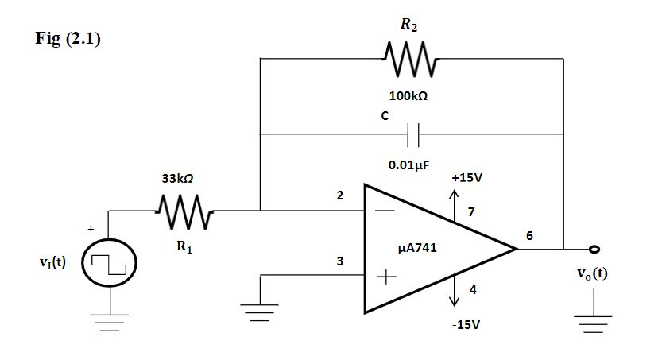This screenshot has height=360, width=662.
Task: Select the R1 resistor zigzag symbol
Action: [x=184, y=211]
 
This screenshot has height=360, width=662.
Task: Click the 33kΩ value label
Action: [x=178, y=180]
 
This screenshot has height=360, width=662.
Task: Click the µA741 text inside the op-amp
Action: [x=416, y=248]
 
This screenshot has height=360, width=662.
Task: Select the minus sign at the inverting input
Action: [x=385, y=211]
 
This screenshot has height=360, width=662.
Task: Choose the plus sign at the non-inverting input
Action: [x=385, y=277]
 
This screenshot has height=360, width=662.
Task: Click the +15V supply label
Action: [x=466, y=176]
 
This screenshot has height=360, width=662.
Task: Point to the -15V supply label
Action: [x=466, y=326]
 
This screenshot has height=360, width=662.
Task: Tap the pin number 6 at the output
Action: [x=530, y=236]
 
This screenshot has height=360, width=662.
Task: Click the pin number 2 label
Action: [x=340, y=196]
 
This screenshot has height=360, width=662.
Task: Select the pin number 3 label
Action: [x=340, y=261]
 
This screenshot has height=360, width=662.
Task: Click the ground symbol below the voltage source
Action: [x=109, y=321]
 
